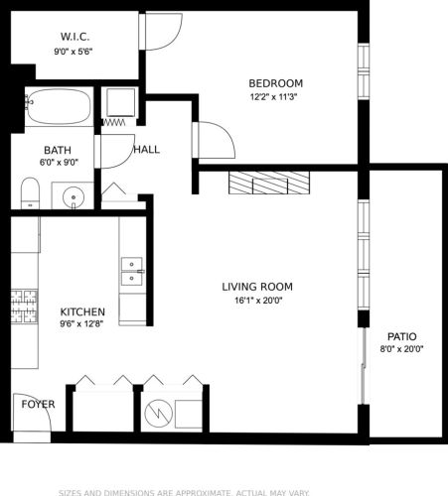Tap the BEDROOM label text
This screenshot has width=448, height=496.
pyautogui.click(x=275, y=82)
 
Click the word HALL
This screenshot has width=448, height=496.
pyautogui.click(x=146, y=150)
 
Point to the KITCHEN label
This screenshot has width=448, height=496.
pyautogui.click(x=82, y=311)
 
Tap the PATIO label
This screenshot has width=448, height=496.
pyautogui.click(x=402, y=335)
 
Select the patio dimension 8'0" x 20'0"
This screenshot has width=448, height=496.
pyautogui.click(x=402, y=349)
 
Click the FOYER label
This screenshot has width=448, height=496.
pyautogui.click(x=38, y=405)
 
